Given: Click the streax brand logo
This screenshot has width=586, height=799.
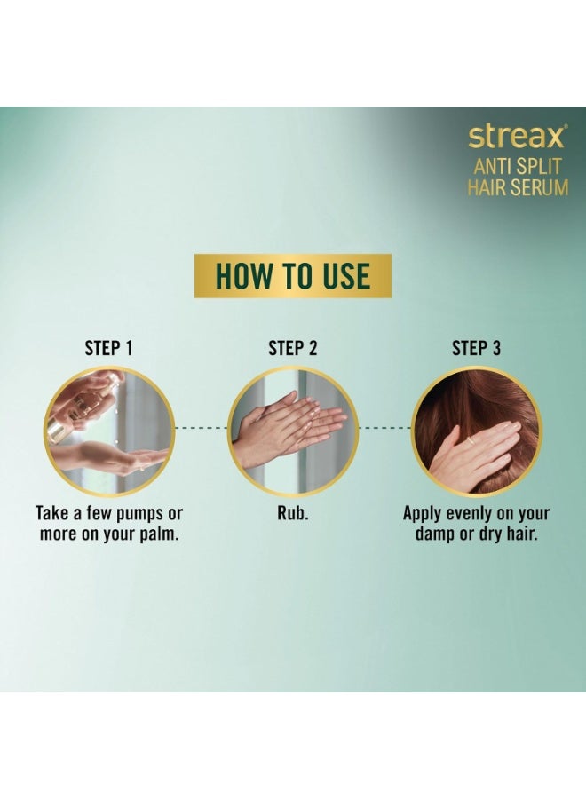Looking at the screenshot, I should point(517,138).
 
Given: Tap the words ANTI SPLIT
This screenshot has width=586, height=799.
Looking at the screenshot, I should point(518,165).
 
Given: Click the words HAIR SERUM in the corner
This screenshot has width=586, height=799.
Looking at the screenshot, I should point(518,187).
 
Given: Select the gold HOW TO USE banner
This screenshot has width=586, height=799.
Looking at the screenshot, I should point(292,275).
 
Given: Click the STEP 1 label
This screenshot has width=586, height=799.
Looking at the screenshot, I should point(108,348).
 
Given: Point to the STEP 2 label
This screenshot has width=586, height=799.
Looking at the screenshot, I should point(292,348).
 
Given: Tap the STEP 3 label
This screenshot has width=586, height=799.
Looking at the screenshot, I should point(476,348).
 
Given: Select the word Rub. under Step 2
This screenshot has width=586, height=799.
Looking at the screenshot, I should point(292,514).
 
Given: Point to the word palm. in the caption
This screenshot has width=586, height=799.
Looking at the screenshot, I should point(156,535).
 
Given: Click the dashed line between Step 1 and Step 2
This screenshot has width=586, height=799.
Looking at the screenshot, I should point(200,428).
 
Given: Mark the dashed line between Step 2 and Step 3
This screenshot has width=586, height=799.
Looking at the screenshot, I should point(384,428).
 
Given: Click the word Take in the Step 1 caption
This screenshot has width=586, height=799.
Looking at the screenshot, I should point(54,514).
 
